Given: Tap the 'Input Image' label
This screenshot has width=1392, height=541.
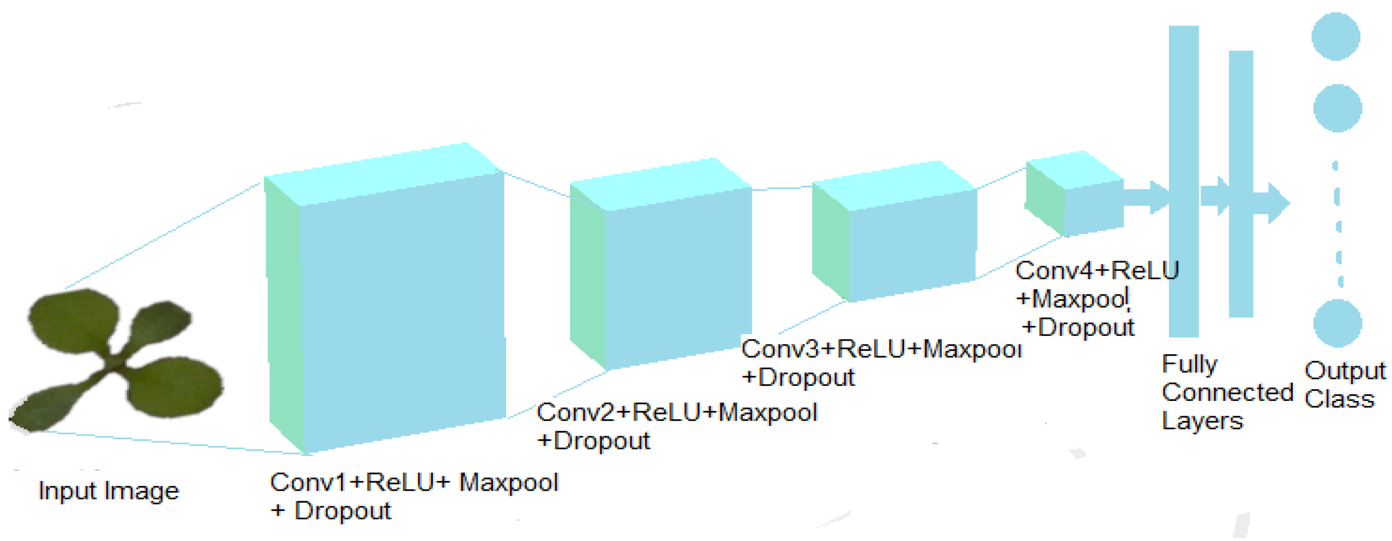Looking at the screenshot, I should pyautogui.click(x=109, y=491).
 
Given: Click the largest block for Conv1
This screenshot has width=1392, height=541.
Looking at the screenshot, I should pyautogui.click(x=400, y=308).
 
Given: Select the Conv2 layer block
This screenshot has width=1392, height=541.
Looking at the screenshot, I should pyautogui.click(x=675, y=276).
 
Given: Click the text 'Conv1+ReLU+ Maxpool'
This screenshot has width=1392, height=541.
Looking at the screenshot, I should pyautogui.click(x=413, y=482).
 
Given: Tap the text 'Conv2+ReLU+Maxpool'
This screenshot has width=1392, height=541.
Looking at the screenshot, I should pyautogui.click(x=676, y=413).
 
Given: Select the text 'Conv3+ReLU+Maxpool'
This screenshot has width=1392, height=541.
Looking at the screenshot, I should pyautogui.click(x=881, y=349).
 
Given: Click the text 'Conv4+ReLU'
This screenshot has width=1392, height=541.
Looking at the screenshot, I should pyautogui.click(x=1097, y=270).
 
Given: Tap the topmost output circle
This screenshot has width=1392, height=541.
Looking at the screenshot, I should pyautogui.click(x=1335, y=36).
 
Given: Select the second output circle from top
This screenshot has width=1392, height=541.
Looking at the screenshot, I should pyautogui.click(x=1338, y=108).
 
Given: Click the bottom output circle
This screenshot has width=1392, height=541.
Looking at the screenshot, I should pyautogui.click(x=1338, y=323).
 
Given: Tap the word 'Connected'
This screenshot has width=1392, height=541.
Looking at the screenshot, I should pyautogui.click(x=1227, y=392).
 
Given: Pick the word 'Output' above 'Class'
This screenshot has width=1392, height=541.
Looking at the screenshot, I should pyautogui.click(x=1345, y=371).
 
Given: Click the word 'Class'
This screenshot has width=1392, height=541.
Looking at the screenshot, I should pyautogui.click(x=1339, y=399).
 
